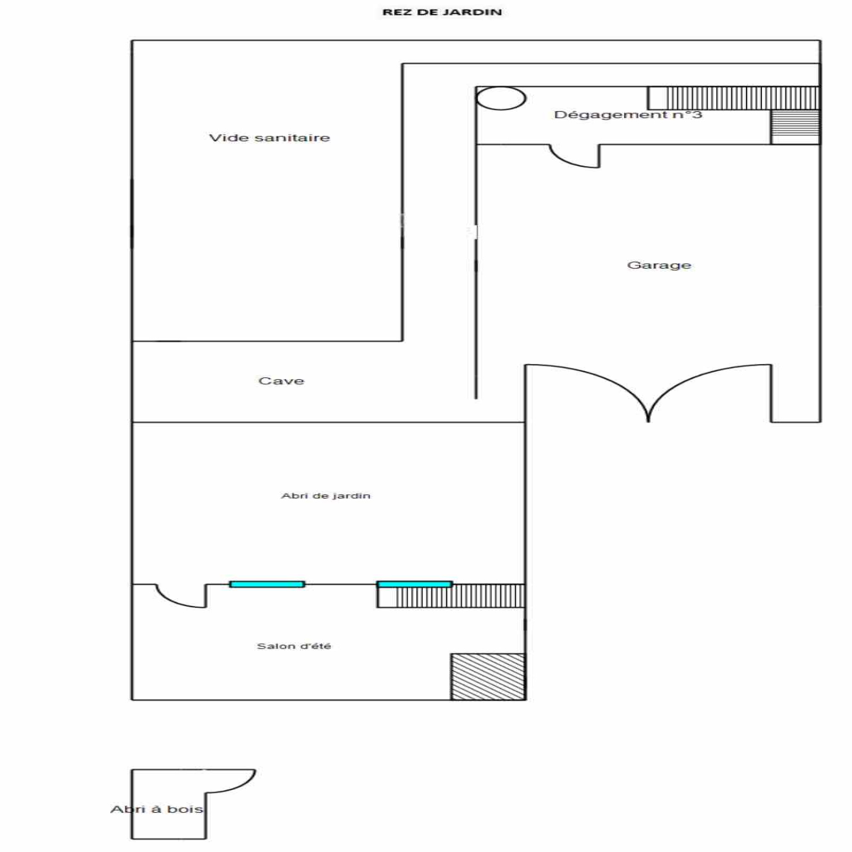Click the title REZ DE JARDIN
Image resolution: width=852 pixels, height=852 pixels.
(x=442, y=12)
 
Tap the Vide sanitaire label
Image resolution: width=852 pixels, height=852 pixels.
(x=269, y=138)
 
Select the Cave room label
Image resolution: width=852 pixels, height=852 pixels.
(x=281, y=381)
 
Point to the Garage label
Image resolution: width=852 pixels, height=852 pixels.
(x=659, y=265)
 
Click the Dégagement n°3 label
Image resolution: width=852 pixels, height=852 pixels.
(x=628, y=114)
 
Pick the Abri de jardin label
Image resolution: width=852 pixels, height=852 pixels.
(x=326, y=496)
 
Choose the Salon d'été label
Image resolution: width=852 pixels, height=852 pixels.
(x=294, y=646)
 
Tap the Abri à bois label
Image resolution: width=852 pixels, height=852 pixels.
(x=157, y=809)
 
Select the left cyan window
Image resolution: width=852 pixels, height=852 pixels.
(x=267, y=584)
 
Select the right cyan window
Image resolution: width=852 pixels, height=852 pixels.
(x=414, y=584)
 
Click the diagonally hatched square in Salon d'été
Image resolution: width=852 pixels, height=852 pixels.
(x=488, y=676)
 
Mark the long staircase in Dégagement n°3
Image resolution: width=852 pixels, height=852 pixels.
(x=733, y=98)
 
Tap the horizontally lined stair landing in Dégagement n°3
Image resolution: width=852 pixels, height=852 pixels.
(x=795, y=127)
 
